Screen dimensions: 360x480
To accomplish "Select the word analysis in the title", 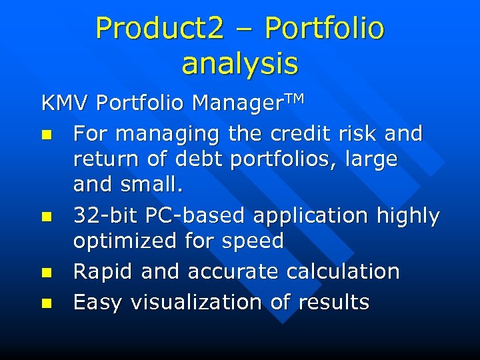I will [x=240, y=63].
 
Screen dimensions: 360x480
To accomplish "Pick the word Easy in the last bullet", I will [x=97, y=303].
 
